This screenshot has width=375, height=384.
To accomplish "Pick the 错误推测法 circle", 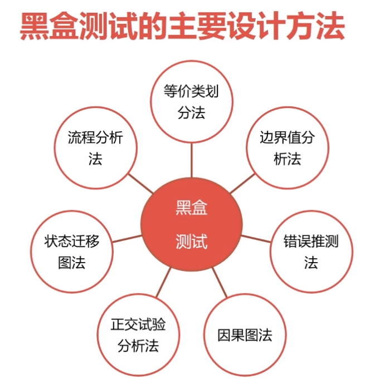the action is click(x=311, y=252).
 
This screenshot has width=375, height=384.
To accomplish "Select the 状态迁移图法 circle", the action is click(x=72, y=252).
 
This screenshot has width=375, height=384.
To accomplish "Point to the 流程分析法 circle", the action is click(x=95, y=148).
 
